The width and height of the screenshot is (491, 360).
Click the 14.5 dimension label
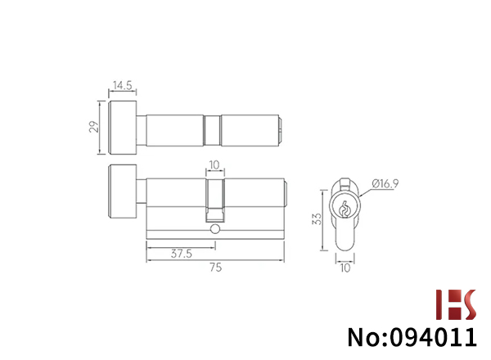click(x=123, y=85)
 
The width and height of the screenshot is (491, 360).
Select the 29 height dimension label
click(x=93, y=127)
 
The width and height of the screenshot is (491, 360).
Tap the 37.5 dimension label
click(x=182, y=254)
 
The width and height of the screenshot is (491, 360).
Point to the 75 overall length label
click(x=216, y=268)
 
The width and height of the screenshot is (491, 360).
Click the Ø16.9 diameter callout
click(x=385, y=183)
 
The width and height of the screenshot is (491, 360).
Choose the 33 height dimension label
click(x=317, y=218)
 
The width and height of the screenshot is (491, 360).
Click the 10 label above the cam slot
click(x=214, y=164)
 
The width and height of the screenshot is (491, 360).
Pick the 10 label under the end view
click(x=345, y=268)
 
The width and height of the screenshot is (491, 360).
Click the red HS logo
click(x=456, y=304)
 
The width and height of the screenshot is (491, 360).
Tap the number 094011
click(x=434, y=337)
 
